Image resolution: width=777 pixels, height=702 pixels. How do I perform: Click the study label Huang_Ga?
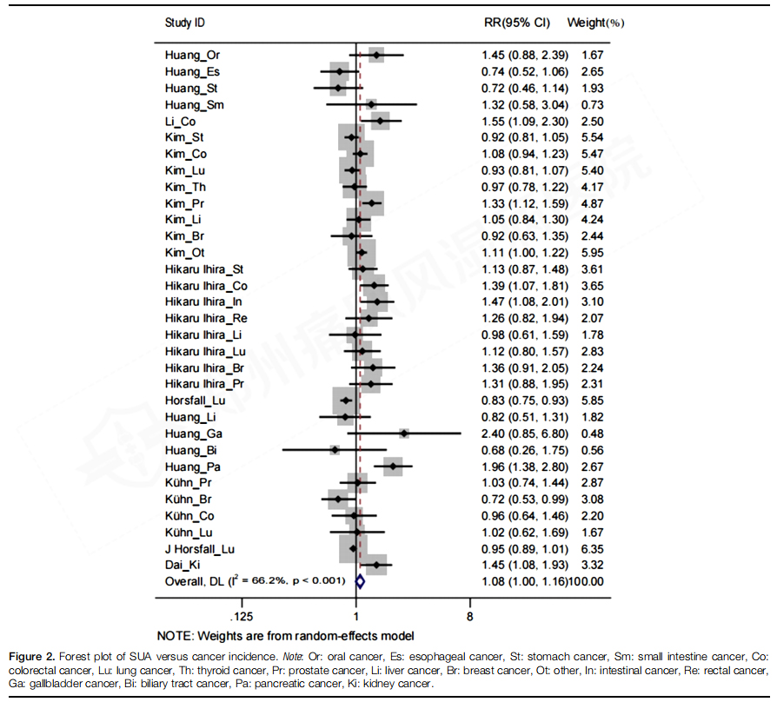194,434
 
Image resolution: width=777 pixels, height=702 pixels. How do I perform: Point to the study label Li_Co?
180,122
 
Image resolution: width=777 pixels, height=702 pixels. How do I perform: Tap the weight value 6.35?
594,549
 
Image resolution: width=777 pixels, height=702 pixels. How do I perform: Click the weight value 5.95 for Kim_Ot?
594,253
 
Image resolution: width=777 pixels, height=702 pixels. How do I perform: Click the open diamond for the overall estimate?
359,580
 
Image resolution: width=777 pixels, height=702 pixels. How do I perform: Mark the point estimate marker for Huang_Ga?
404,433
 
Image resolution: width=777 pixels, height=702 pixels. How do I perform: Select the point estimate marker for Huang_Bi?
335,449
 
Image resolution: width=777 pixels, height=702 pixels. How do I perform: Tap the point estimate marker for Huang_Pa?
394,467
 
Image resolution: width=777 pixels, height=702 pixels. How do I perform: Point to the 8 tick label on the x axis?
471,617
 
